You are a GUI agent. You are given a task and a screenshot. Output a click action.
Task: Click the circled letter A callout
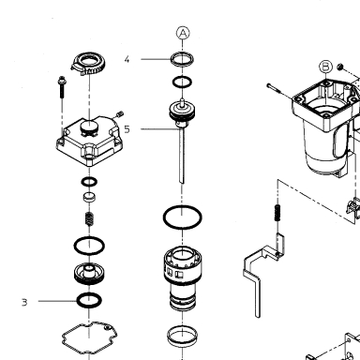[183, 33]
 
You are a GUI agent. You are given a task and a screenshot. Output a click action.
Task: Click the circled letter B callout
[325, 67]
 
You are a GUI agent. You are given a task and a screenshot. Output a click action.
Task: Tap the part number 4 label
[127, 59]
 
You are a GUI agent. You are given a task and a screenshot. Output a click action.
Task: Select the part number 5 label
[127, 129]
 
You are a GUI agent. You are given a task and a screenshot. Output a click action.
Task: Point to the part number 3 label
[24, 302]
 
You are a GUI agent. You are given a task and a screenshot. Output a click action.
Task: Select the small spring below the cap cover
[89, 218]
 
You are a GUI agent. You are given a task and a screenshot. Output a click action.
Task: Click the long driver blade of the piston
[182, 156]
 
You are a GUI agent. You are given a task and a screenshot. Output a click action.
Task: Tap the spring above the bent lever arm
[277, 213]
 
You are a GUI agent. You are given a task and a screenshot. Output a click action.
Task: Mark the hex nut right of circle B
[340, 67]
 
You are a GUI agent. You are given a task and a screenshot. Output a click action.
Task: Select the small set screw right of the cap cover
[120, 114]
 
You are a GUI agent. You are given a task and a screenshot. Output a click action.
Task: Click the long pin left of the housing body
[275, 88]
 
